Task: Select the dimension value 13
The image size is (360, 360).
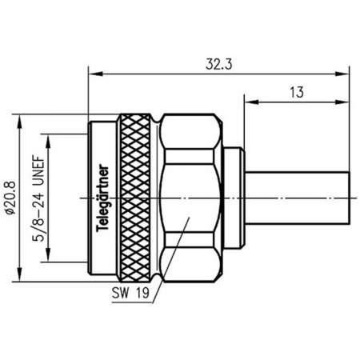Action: pyautogui.click(x=297, y=93)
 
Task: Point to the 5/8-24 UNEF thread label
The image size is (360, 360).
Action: pyautogui.click(x=38, y=197)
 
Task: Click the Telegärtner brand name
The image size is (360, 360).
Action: pyautogui.click(x=102, y=197)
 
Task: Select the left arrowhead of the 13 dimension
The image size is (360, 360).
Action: pyautogui.click(x=248, y=102)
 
